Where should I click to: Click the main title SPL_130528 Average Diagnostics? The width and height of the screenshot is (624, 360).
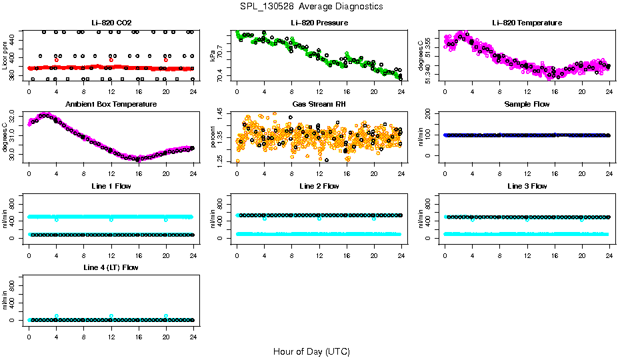coord(312,6)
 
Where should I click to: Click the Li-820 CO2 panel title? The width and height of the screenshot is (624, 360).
coord(111,23)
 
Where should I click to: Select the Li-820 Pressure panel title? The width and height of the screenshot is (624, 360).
coord(319,23)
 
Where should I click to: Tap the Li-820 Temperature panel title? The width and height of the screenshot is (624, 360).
coord(527,23)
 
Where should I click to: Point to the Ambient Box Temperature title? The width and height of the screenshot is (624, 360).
coord(111,104)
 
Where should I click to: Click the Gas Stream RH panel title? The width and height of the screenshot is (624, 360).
coord(319,104)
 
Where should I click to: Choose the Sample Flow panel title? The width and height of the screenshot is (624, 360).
coord(527,104)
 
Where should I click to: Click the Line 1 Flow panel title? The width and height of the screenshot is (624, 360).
coord(111,186)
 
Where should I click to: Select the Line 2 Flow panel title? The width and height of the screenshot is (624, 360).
coord(319,186)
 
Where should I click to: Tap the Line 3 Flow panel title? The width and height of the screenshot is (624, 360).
coord(527,186)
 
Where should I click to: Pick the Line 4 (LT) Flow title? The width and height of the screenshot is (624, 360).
coord(111,267)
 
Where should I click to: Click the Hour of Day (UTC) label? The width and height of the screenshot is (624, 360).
coord(311,351)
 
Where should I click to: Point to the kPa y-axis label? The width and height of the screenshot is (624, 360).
coord(213,55)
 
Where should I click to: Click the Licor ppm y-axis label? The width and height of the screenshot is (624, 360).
coord(5,55)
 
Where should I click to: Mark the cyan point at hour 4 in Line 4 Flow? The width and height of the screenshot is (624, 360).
coord(57,316)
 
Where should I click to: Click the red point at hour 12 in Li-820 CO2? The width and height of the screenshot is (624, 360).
coord(111,60)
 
